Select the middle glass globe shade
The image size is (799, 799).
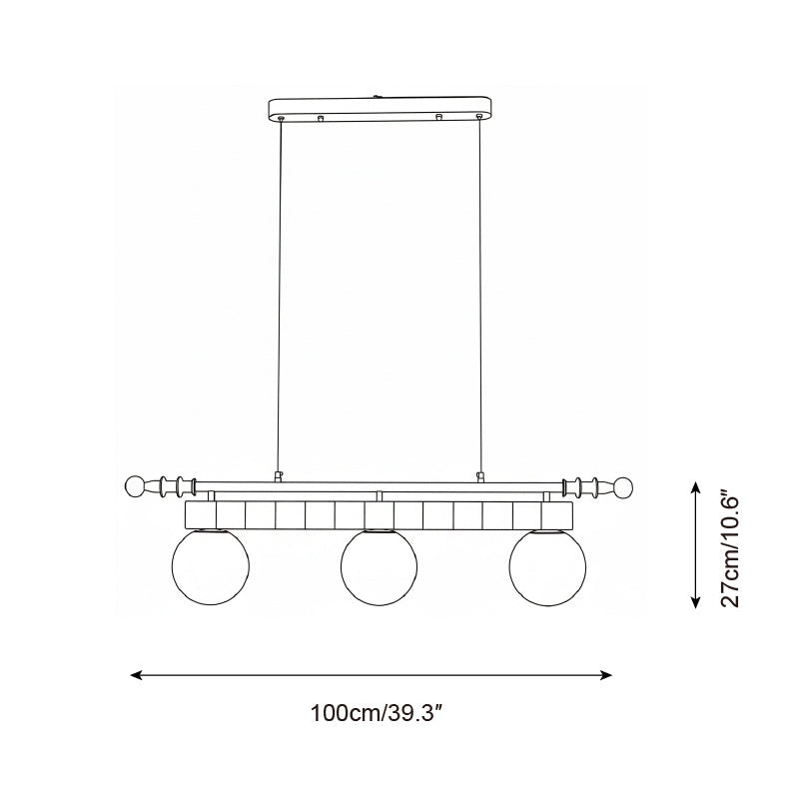click(379, 569)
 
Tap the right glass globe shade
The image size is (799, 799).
click(546, 569)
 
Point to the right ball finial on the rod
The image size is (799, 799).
click(624, 487)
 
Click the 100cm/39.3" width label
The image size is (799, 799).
click(377, 715)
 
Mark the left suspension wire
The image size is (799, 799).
click(280, 300)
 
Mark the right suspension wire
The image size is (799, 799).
click(480, 300)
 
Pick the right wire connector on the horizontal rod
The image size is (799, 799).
click(480, 476)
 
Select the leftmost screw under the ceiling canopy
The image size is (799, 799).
click(281, 121)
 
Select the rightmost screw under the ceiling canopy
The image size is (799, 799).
click(480, 121)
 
